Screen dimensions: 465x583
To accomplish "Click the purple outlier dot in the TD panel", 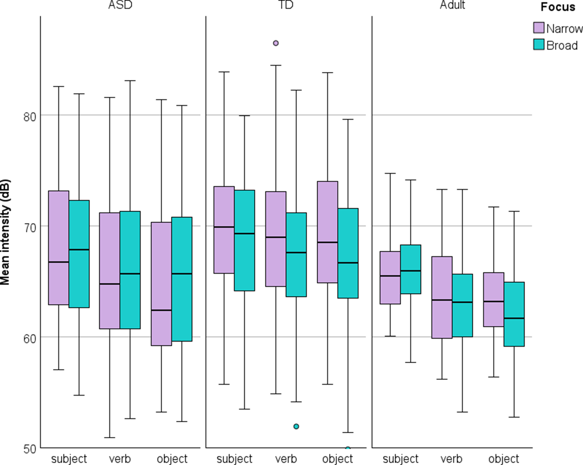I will (276, 43).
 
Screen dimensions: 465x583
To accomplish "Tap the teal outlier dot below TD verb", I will (296, 426).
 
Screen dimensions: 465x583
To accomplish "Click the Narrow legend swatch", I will (538, 28).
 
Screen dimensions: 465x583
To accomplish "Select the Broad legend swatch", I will (538, 45).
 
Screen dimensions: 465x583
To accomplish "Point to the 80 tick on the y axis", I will (30, 116).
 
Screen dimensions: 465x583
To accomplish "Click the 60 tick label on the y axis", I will (30, 338).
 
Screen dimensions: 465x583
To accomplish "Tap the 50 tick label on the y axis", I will (30, 449).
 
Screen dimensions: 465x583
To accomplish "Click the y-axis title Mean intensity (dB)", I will (5, 232).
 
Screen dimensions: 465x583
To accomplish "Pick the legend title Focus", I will (558, 7).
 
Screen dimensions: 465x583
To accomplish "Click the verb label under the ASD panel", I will (120, 458).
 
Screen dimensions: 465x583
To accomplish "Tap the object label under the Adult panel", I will (504, 458).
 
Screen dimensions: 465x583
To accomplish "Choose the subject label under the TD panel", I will (234, 458).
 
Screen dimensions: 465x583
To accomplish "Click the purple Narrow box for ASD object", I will (161, 268).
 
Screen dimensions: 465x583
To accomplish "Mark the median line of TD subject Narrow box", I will (224, 227).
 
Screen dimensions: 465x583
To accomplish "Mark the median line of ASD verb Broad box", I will (130, 274).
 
